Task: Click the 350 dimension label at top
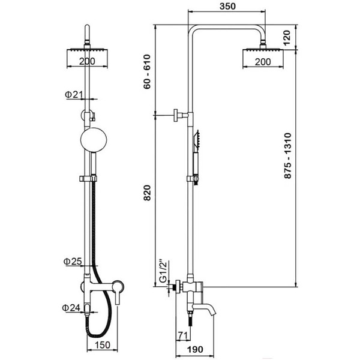[x=227, y=6]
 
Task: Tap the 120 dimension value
[x=287, y=37]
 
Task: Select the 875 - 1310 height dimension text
[x=287, y=155]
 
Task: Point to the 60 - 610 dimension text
[x=147, y=71]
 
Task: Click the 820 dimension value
[x=147, y=193]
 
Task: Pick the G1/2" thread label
[x=163, y=271]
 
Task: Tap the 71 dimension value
[x=183, y=335]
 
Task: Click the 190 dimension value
[x=195, y=349]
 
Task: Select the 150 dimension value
[x=103, y=345]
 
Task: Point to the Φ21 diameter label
[x=73, y=95]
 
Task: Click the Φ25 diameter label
[x=73, y=261]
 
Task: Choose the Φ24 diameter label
[x=71, y=308]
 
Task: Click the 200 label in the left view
[x=87, y=61]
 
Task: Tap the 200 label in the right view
[x=263, y=62]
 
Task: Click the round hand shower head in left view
[x=94, y=140]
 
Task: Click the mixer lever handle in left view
[x=118, y=292]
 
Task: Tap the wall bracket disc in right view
[x=176, y=115]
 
